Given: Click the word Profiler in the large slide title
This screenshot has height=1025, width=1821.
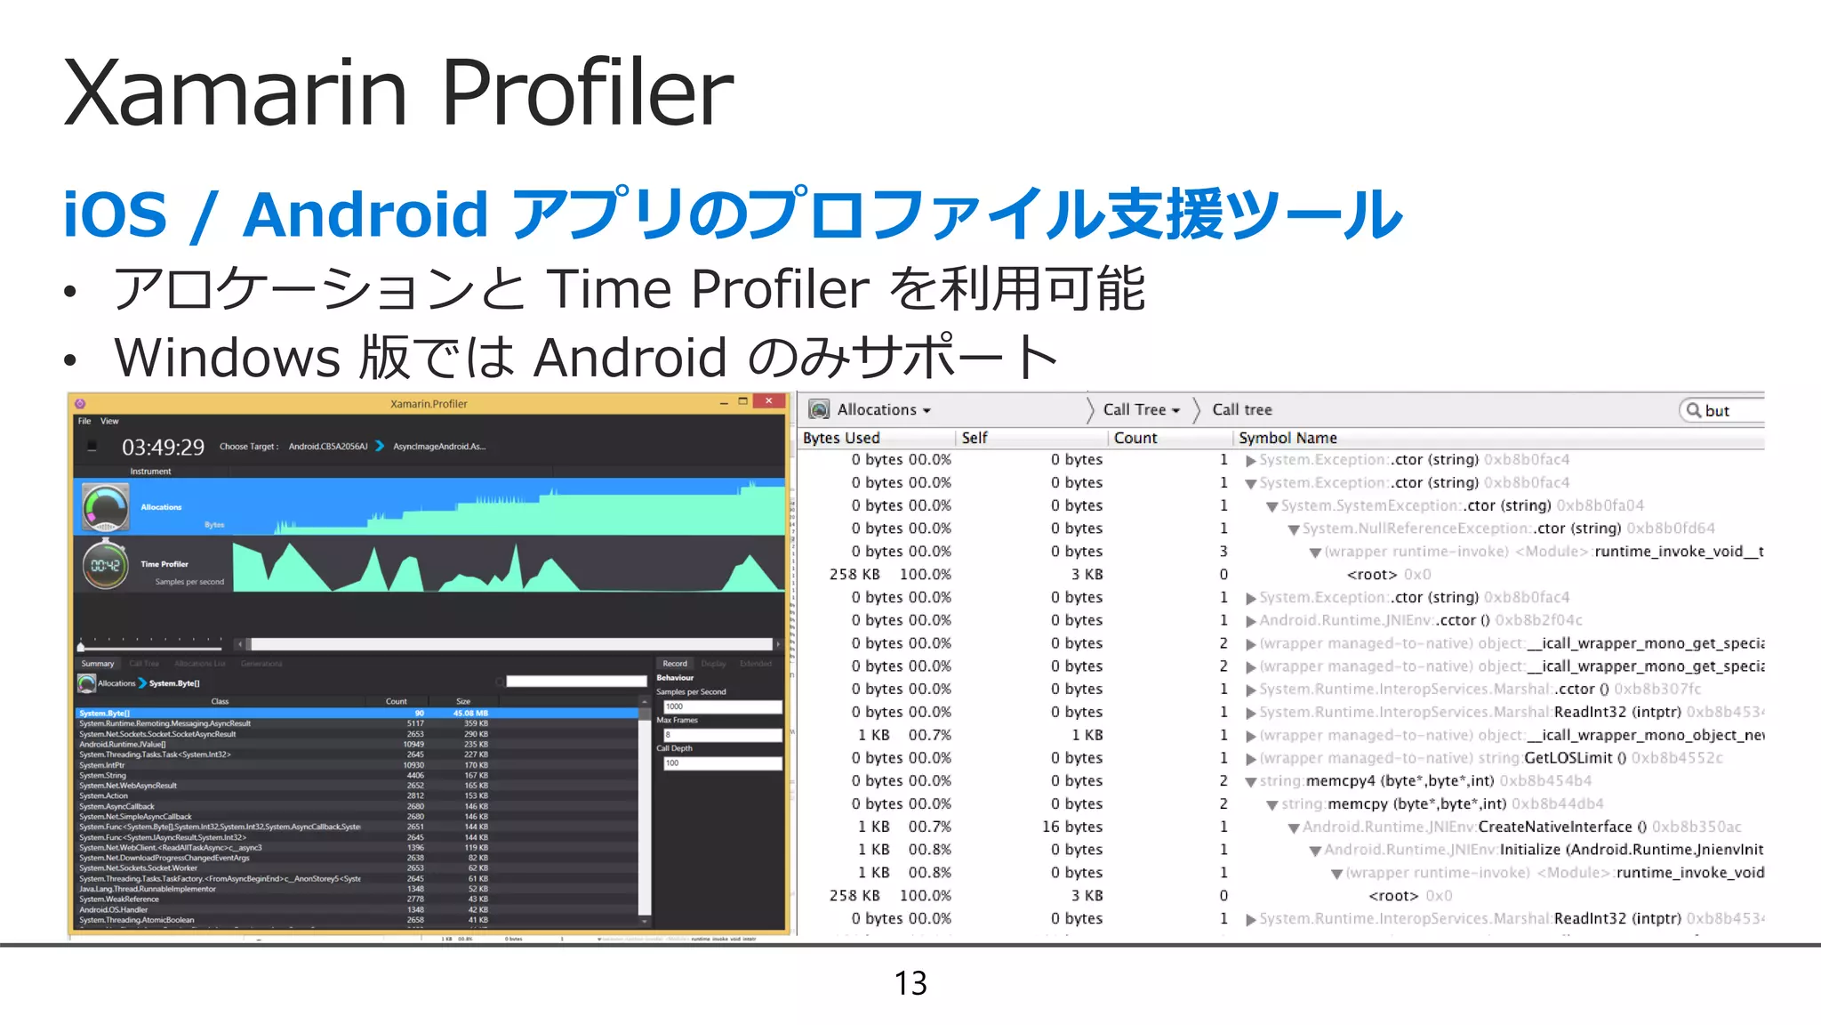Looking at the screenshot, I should (587, 93).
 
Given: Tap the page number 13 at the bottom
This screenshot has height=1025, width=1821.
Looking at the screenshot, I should (910, 983).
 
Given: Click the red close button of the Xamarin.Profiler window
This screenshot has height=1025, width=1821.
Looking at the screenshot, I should (767, 402).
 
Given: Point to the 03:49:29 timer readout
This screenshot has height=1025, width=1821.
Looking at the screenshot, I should (163, 447).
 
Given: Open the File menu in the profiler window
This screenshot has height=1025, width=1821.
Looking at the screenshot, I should (84, 421).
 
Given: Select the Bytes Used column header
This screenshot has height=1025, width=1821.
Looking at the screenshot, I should (841, 438).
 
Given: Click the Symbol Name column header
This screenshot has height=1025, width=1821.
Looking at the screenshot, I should (1288, 438).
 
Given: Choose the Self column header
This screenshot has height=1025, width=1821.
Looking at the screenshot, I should (975, 438).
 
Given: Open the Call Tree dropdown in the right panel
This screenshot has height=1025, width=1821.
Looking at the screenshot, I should (1142, 409).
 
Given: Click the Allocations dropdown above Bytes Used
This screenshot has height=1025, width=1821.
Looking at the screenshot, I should (883, 409).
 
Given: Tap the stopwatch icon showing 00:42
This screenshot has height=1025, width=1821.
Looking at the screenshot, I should (105, 564).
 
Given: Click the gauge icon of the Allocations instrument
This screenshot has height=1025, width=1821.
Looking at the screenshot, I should (105, 507).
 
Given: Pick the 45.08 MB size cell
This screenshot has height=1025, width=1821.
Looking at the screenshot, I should (470, 713).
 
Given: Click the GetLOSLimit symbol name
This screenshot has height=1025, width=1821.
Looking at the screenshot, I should (1568, 758).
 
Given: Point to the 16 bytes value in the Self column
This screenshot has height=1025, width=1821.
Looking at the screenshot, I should (1072, 827).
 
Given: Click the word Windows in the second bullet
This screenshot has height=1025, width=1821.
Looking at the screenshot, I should (227, 358).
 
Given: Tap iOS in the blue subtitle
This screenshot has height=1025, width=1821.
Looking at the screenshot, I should (115, 215).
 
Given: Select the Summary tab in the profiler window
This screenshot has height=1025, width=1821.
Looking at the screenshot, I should (98, 664).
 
